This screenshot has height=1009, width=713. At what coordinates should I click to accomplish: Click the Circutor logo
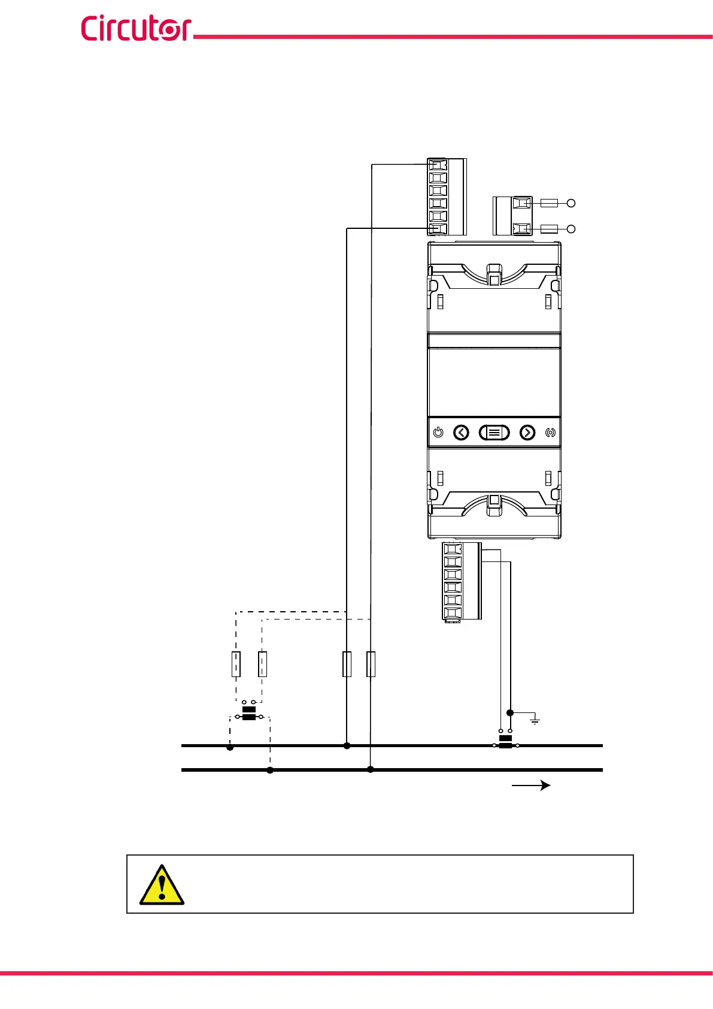136,29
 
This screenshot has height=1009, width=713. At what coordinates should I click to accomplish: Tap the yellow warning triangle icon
162,884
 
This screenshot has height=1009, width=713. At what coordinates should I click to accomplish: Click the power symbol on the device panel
438,433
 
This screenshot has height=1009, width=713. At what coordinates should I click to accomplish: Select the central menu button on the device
494,433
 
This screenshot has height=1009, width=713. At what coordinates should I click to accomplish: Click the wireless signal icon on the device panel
550,433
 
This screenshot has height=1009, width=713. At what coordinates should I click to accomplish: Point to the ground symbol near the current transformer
535,719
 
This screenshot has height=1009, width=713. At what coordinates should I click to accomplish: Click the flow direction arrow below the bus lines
531,786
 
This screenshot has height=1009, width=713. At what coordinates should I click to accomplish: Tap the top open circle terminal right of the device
571,203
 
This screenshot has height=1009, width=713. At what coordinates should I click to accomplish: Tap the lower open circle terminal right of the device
571,229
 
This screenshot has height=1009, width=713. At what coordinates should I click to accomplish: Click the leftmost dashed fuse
236,664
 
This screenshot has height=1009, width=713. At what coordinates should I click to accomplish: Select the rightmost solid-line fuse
371,664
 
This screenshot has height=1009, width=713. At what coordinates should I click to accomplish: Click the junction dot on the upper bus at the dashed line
230,747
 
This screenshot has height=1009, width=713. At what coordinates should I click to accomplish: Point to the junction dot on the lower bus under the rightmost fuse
371,769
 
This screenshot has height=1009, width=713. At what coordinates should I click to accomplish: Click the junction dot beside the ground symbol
510,713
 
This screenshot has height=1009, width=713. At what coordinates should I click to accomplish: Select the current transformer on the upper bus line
505,742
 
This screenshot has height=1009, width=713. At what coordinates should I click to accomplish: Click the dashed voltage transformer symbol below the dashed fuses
249,713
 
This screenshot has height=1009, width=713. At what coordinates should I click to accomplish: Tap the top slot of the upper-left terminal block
438,165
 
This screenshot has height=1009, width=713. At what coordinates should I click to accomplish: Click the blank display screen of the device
494,382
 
